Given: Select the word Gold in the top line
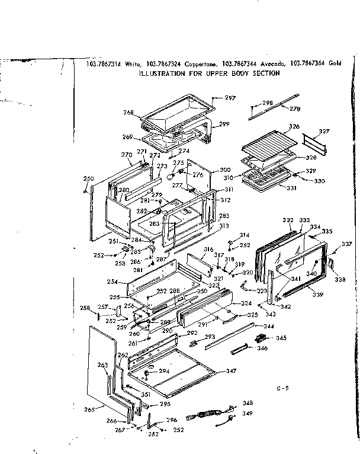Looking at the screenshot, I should pyautogui.click(x=335, y=64).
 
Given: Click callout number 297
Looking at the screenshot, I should pyautogui.click(x=230, y=98).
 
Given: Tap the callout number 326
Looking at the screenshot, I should pyautogui.click(x=294, y=127).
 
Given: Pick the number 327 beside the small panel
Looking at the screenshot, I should pyautogui.click(x=324, y=131).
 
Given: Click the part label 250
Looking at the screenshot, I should pyautogui.click(x=88, y=178).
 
